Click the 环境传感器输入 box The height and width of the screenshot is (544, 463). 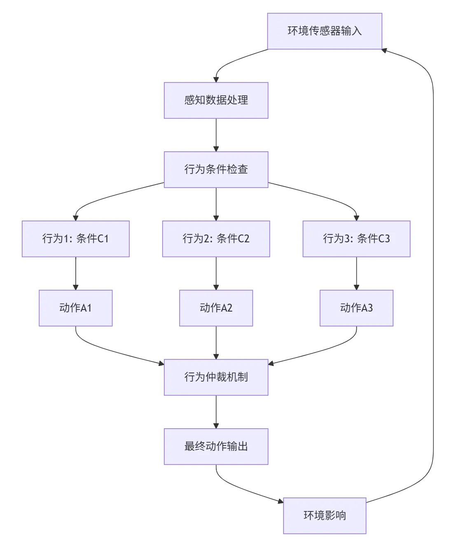click(x=325, y=31)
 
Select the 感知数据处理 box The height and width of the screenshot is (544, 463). click(x=216, y=100)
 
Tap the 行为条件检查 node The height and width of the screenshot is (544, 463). click(x=216, y=169)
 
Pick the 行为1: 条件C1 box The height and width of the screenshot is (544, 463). click(x=75, y=239)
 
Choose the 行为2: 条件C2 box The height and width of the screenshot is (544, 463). click(x=216, y=239)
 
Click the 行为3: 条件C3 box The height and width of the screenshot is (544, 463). click(x=356, y=239)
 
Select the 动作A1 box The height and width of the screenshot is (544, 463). click(x=75, y=308)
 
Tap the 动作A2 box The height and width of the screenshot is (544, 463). click(x=216, y=308)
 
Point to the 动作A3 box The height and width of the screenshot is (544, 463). click(x=356, y=308)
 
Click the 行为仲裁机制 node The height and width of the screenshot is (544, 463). click(x=216, y=377)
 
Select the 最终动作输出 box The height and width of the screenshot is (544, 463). click(x=216, y=446)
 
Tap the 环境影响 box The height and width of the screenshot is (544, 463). click(x=325, y=516)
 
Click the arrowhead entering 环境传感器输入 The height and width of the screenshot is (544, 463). click(x=384, y=50)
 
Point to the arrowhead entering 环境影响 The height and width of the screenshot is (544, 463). click(x=281, y=501)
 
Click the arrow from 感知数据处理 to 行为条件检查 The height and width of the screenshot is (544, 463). click(x=216, y=135)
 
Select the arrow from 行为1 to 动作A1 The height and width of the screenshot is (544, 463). click(x=75, y=273)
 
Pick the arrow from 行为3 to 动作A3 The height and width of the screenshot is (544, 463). click(x=356, y=273)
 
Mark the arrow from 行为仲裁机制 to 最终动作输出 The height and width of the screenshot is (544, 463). click(x=216, y=412)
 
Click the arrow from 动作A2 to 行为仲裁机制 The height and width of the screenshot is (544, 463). click(x=216, y=342)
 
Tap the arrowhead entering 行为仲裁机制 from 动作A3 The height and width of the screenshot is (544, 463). click(x=271, y=363)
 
